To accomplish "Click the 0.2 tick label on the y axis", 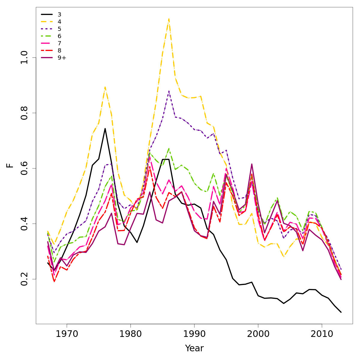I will (25, 279).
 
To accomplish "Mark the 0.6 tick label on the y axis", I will (25, 168).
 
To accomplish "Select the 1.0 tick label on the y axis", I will (25, 58).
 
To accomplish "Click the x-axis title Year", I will (194, 348).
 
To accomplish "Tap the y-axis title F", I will (10, 165).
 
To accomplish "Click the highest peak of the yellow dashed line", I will (169, 19).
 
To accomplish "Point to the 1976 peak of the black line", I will (105, 128).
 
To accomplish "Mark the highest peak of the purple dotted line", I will (169, 91).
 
